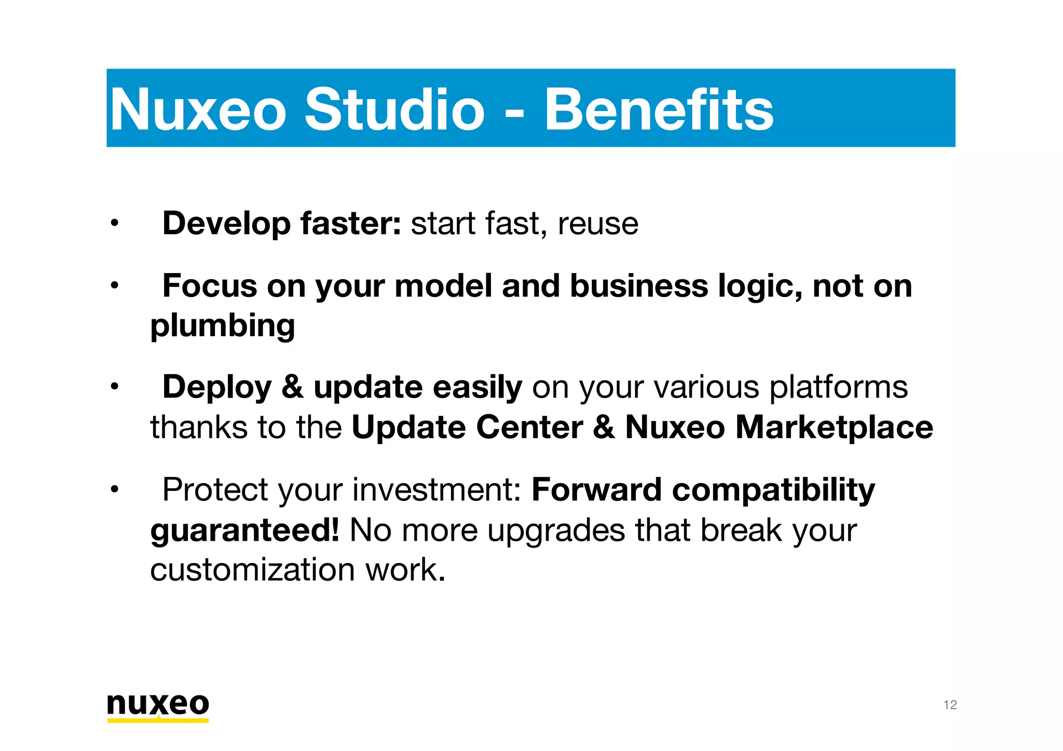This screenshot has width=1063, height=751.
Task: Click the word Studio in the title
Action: (394, 110)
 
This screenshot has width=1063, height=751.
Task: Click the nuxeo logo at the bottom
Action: (158, 706)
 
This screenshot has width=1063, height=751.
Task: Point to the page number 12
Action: (949, 705)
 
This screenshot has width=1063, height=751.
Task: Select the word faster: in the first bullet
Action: (350, 224)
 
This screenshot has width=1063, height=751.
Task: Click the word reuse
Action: (597, 224)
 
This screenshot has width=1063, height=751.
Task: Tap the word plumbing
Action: (223, 326)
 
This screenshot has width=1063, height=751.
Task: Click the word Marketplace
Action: (834, 428)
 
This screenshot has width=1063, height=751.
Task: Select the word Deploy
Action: (216, 388)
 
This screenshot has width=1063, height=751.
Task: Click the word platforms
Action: (838, 388)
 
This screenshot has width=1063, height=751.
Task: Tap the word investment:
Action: (437, 490)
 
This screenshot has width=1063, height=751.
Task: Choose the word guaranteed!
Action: (244, 530)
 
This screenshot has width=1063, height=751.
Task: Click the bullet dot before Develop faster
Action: (114, 224)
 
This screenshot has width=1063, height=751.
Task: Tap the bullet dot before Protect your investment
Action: (114, 489)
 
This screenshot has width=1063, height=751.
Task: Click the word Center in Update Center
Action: (529, 428)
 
